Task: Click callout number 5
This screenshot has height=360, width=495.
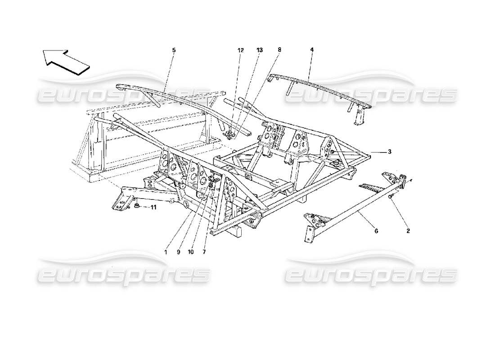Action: coord(174,50)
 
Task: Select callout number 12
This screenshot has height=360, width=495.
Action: coord(241,50)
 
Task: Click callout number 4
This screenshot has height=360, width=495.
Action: coord(311,50)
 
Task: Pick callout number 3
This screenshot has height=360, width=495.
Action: coord(390,152)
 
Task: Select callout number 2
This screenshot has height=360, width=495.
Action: coord(408,231)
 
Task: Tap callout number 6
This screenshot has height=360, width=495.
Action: coord(376,231)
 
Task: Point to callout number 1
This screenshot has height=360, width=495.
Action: coord(166,252)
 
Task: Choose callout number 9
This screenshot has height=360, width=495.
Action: coord(178,252)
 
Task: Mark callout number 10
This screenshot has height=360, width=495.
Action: coord(191,252)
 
